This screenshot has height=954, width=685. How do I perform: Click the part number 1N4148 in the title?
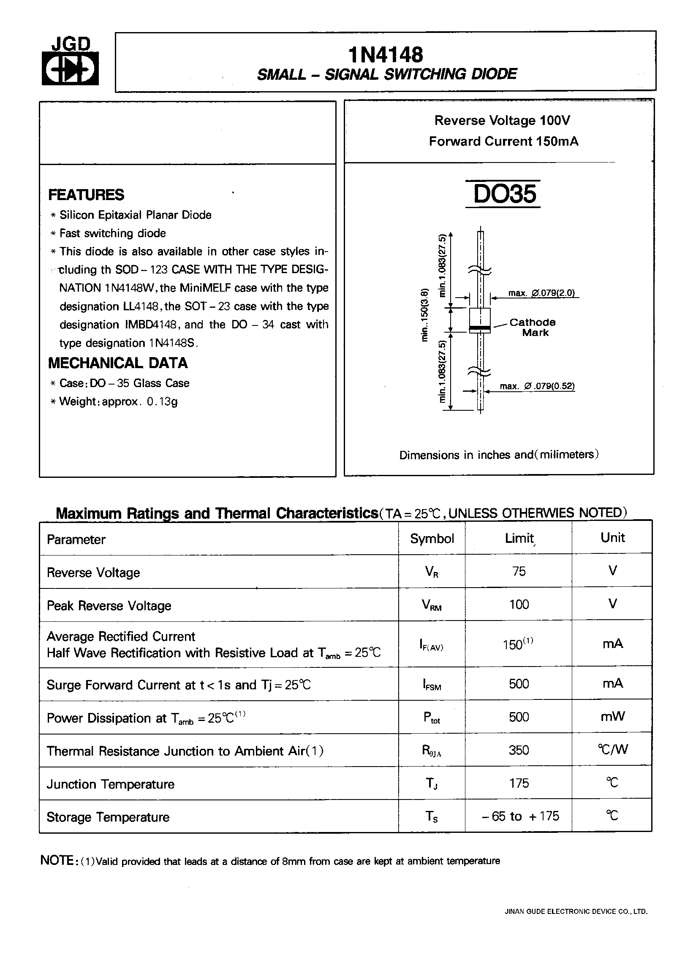[386, 55]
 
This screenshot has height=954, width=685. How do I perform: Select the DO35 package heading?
[504, 194]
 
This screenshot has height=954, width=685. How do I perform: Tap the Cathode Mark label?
[532, 327]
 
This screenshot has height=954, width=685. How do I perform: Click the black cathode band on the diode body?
[480, 328]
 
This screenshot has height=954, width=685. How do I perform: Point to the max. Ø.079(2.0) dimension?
[541, 293]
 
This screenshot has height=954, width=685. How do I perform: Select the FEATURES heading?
[86, 195]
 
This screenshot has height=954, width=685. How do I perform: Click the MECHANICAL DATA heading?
[118, 363]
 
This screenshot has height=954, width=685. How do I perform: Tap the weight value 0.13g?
[162, 401]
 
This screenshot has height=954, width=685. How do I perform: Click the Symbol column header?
[432, 538]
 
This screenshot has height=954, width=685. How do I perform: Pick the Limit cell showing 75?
[519, 571]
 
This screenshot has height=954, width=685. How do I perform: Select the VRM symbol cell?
[432, 605]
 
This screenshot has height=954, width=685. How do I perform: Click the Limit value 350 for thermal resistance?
[519, 750]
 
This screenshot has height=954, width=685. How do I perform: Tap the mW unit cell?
[612, 716]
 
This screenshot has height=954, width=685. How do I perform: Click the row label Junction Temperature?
[111, 784]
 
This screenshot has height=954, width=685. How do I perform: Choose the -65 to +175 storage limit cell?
[520, 816]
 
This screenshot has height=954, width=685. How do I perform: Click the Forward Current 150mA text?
[503, 141]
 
